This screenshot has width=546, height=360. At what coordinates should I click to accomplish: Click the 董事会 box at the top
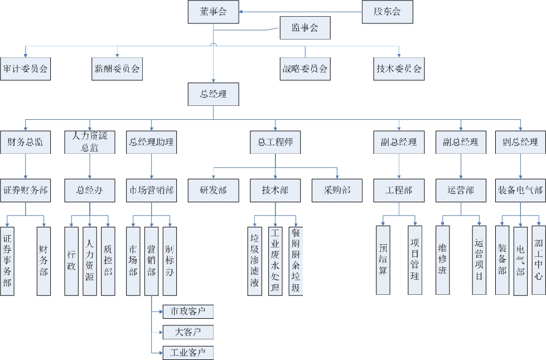point(214,12)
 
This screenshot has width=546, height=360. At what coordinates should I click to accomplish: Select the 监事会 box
point(305,28)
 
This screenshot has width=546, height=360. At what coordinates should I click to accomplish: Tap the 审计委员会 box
point(25,69)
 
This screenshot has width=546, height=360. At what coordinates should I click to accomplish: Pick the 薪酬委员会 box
point(117,69)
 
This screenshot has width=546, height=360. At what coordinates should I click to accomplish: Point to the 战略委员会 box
point(305,69)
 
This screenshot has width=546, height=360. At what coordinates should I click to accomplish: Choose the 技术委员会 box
point(399,69)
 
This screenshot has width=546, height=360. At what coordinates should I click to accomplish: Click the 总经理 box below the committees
point(214,94)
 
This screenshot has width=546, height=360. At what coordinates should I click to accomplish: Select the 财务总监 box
point(25,142)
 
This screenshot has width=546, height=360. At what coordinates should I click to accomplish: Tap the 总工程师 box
point(275,142)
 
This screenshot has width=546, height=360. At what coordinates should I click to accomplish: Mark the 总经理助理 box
point(151,142)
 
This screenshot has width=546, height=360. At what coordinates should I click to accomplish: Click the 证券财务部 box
point(25,190)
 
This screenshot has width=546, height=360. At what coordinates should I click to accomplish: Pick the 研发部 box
point(214,190)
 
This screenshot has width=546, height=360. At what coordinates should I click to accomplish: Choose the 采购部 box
point(337,190)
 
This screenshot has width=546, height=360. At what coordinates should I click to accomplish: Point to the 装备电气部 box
point(520,190)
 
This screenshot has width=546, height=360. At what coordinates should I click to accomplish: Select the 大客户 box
point(188,332)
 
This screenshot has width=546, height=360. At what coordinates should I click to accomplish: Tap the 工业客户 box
point(188,353)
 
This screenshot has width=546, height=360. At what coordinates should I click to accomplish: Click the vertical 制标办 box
point(170,260)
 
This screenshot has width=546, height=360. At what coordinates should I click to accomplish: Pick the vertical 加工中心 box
point(539,260)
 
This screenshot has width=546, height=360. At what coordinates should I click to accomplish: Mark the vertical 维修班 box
point(443,260)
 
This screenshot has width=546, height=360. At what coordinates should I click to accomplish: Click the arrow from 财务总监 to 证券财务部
point(26,166)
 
